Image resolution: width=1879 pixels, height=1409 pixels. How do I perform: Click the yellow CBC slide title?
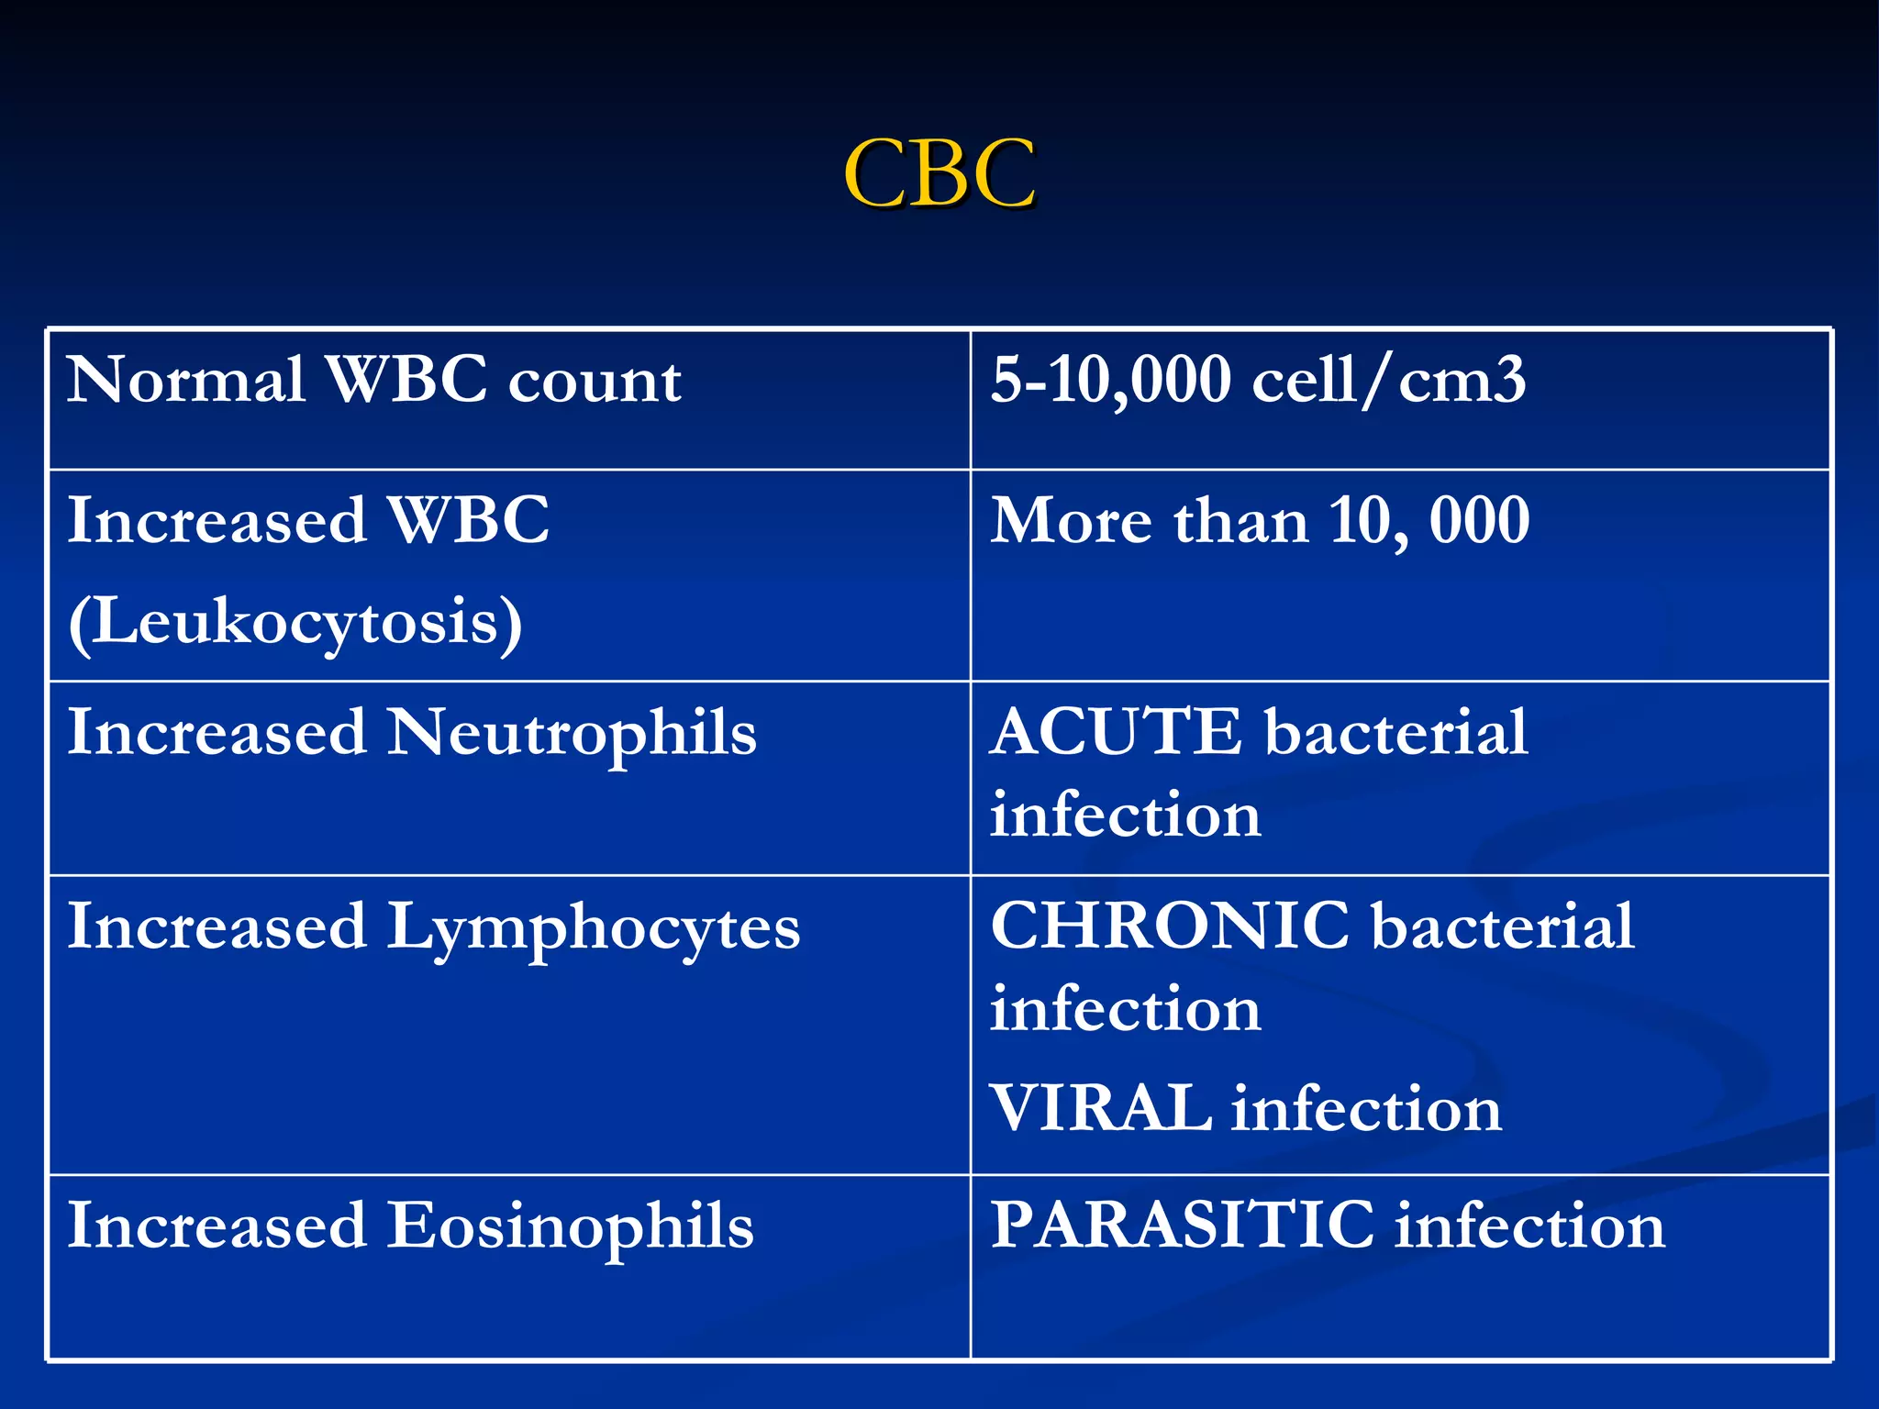pyautogui.click(x=939, y=173)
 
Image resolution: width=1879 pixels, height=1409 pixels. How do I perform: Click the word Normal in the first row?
pyautogui.click(x=185, y=379)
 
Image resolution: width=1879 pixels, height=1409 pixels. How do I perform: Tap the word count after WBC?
pyautogui.click(x=595, y=381)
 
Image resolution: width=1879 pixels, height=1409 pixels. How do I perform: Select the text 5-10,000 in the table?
pyautogui.click(x=1110, y=381)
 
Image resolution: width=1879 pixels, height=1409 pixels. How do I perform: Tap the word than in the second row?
pyautogui.click(x=1240, y=521)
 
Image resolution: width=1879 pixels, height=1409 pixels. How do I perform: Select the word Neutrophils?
pyautogui.click(x=572, y=735)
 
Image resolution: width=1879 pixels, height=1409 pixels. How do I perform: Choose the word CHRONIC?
pyautogui.click(x=1170, y=926)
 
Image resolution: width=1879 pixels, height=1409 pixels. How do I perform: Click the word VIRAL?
pyautogui.click(x=1100, y=1108)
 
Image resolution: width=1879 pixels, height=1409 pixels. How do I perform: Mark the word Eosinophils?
pyautogui.click(x=570, y=1226)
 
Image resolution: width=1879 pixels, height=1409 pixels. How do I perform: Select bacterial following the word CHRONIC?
pyautogui.click(x=1503, y=926)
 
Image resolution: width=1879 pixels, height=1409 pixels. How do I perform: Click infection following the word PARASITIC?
pyautogui.click(x=1529, y=1226)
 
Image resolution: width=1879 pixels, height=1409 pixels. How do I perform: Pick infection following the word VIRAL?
pyautogui.click(x=1366, y=1109)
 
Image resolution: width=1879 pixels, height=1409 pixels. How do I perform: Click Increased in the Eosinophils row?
pyautogui.click(x=217, y=1226)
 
